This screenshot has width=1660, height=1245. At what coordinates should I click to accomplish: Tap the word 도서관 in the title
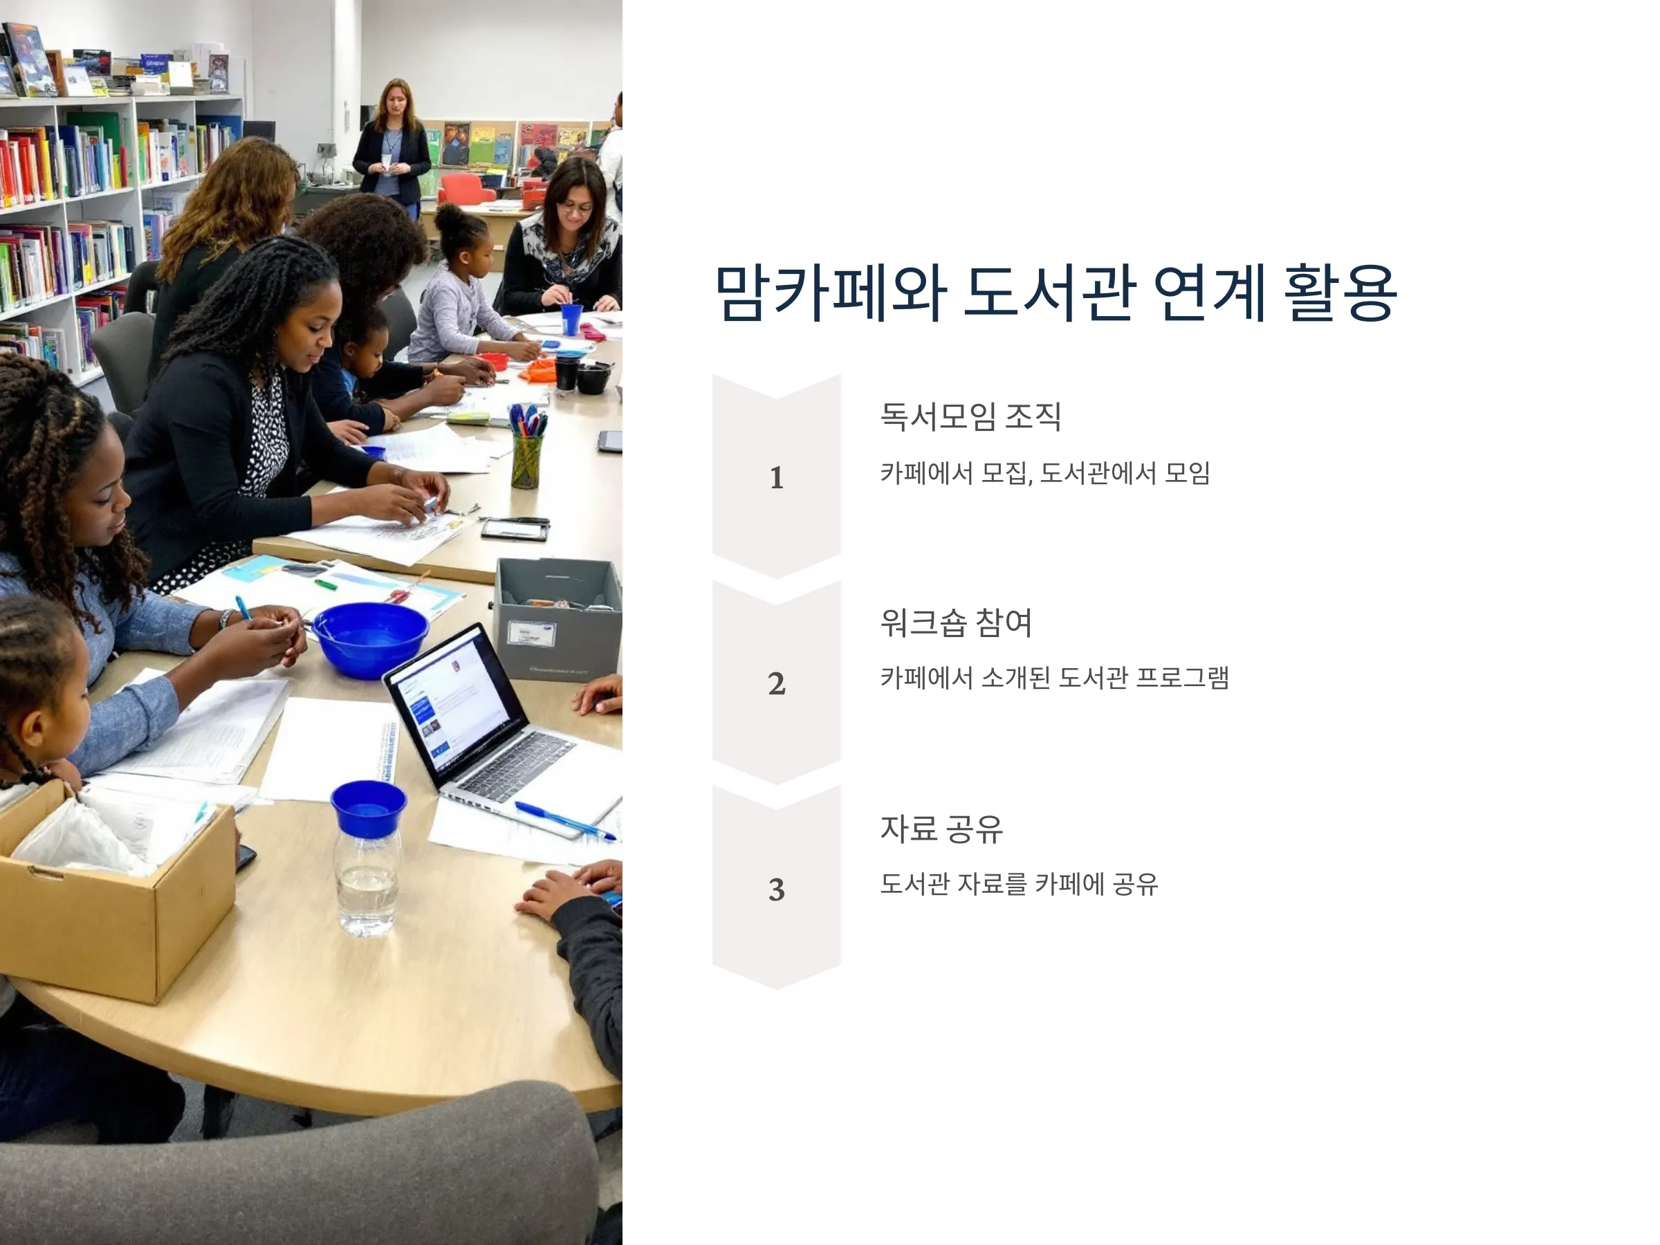1048,292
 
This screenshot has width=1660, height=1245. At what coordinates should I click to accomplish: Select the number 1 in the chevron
777,478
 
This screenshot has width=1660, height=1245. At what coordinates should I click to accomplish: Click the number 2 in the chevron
777,683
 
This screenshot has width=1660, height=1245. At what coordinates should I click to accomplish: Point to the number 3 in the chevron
777,890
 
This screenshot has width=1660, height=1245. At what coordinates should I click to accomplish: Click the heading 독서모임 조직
971,416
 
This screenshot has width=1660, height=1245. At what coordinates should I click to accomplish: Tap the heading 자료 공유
942,829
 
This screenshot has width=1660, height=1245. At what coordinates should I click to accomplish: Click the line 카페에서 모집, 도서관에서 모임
1044,473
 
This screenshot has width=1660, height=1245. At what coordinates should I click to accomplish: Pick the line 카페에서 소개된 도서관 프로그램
1054,678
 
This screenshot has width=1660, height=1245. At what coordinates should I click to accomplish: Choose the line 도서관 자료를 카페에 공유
1019,884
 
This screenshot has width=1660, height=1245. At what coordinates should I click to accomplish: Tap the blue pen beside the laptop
564,820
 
